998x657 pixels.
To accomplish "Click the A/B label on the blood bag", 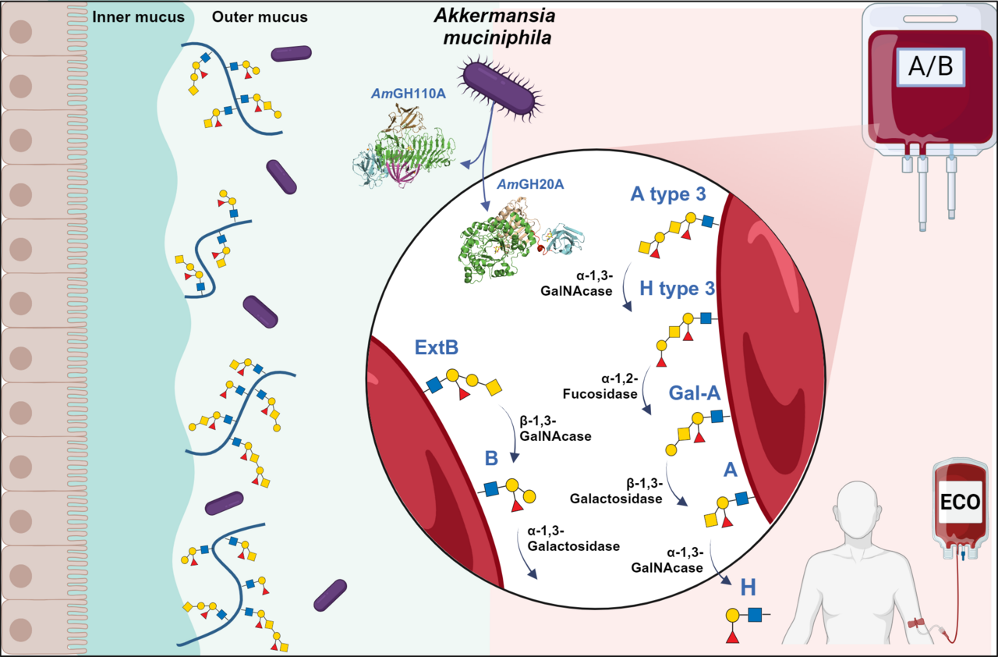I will (930, 67).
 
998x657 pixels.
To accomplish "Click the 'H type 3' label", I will (677, 288).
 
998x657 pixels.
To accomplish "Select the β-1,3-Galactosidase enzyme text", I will (616, 491).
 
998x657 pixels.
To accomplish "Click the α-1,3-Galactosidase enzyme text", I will (573, 539).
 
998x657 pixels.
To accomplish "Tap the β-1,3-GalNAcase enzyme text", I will (554, 429).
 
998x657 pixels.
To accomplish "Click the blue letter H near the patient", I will (748, 587).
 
